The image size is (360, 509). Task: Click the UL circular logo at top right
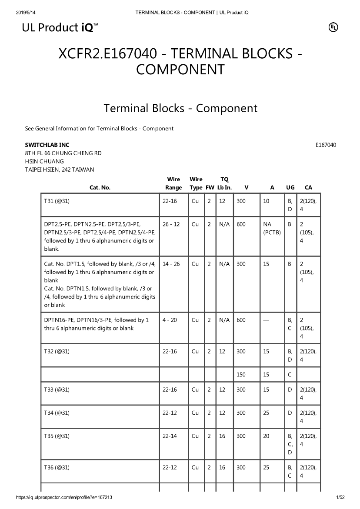(333, 27)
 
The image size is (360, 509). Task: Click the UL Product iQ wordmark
(60, 28)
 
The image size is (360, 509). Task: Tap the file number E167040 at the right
(326, 145)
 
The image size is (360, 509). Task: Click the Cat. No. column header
(100, 188)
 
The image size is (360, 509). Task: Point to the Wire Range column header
(173, 183)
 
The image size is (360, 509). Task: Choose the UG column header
(290, 188)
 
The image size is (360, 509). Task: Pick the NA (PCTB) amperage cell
(272, 228)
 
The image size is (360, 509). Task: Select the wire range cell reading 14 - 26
(171, 264)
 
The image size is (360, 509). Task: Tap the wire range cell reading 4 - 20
(170, 320)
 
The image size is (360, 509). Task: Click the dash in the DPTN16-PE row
(266, 320)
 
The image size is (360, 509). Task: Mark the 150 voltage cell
(241, 374)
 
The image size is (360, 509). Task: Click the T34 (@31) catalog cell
(57, 413)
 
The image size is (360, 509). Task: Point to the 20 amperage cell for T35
(266, 436)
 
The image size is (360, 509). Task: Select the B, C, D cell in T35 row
(290, 444)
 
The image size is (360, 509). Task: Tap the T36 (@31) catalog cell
(57, 468)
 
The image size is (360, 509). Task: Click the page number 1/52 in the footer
(340, 497)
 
